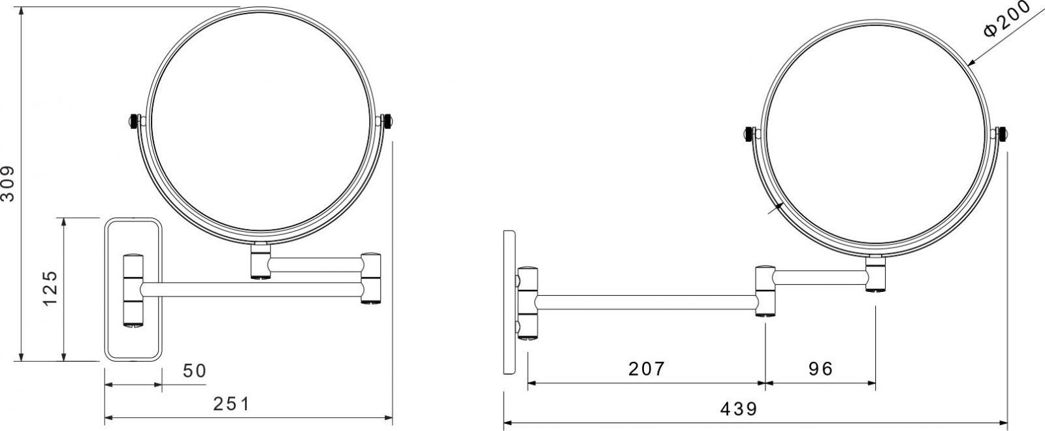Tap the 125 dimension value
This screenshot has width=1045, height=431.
pos(50,288)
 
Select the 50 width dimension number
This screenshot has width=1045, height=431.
pos(195,371)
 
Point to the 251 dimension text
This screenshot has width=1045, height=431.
pos(231,404)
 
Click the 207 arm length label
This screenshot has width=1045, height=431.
pos(646,369)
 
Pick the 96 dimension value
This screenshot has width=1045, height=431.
pos(820,369)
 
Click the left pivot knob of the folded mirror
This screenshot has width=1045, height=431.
pos(134,121)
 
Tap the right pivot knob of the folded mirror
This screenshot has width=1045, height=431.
pos(387,121)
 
